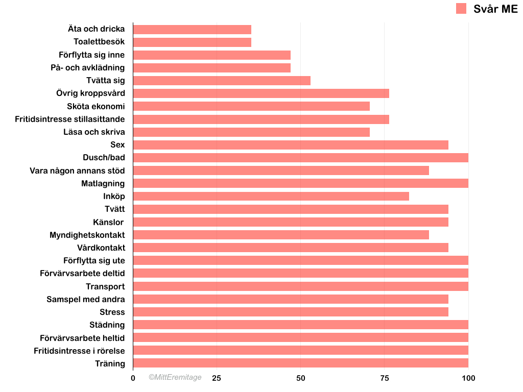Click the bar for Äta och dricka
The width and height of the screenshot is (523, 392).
pos(192,30)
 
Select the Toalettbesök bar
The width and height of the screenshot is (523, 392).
pos(192,42)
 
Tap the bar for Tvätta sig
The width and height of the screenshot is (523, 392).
pos(222,81)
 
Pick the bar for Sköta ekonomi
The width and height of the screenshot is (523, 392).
pos(251,106)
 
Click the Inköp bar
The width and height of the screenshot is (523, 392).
pos(271,196)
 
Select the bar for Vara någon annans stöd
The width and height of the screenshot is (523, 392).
pos(281,170)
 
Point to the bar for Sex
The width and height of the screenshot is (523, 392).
pos(291,145)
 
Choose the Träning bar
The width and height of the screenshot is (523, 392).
pos(300,363)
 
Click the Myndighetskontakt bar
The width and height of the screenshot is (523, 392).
pos(281,235)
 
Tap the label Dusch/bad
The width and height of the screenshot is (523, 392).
pos(104,158)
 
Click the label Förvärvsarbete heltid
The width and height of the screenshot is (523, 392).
pos(82,338)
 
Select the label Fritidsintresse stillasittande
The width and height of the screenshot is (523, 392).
pos(70,119)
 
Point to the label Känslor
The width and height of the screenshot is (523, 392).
pos(108,222)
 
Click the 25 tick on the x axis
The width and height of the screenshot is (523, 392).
pos(217,378)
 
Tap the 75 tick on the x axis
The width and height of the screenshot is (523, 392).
pos(385,378)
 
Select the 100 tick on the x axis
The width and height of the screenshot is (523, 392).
pos(468,378)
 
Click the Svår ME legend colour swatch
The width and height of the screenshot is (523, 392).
pos(461,8)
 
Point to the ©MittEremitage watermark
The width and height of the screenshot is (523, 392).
pos(175,378)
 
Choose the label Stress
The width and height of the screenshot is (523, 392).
pos(112,312)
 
